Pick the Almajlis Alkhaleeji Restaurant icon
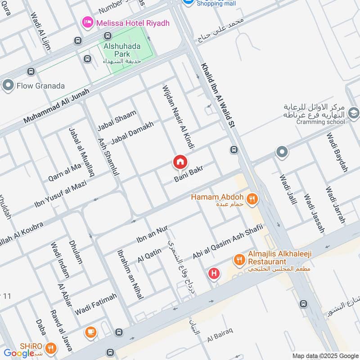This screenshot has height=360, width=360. coord(239,260)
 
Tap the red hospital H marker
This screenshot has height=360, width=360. coord(214,273)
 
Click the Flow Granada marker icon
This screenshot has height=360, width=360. coord(8,85)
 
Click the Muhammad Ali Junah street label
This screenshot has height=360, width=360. coord(57,106)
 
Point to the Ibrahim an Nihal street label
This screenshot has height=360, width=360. coord(130,274)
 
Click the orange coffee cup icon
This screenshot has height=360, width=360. coord(90,333)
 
